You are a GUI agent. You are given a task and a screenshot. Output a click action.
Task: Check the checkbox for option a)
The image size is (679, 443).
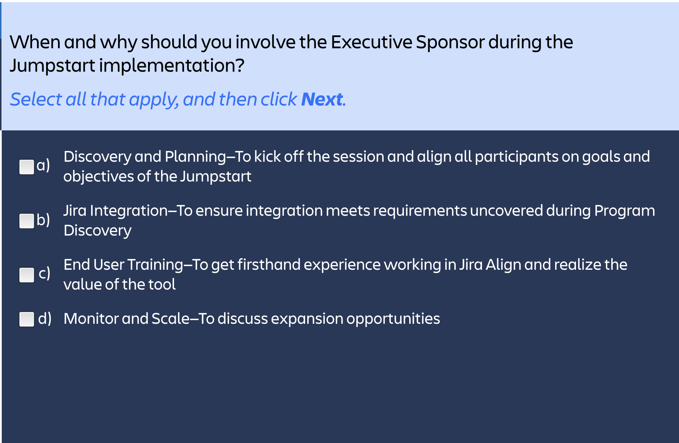pos(27,167)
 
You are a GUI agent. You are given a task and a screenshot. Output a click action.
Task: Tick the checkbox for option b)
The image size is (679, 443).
pos(27,221)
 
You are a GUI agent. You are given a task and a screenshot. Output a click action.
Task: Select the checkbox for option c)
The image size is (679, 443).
pos(27,275)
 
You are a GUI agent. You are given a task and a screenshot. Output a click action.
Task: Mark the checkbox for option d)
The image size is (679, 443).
pos(27,319)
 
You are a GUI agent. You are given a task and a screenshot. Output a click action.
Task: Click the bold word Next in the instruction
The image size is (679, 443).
pos(322,99)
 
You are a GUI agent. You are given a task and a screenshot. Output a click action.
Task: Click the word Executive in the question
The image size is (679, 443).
pos(371,42)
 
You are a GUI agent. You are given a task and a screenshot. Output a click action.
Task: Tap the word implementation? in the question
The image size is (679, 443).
pos(172,66)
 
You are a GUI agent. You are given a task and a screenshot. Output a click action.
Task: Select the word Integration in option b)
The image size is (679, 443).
pos(129,211)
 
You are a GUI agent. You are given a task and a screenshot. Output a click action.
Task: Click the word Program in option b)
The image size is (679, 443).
pos(625,211)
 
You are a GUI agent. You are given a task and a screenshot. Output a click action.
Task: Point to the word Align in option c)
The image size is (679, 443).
pos(503,265)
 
